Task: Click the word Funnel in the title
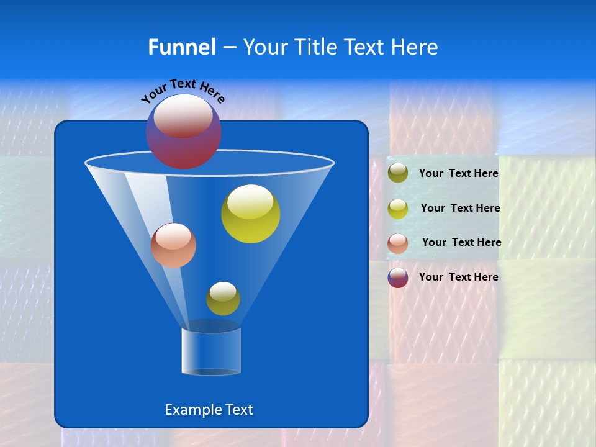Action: (181, 47)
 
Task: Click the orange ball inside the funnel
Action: (173, 246)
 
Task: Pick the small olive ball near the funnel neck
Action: (223, 299)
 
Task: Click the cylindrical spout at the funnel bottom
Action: (211, 351)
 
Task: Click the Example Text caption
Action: (209, 410)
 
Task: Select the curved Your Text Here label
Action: (183, 90)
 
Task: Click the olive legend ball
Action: (398, 173)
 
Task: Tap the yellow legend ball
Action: (398, 209)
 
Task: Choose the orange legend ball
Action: (398, 243)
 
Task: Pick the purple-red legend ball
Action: (398, 278)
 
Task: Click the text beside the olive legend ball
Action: (458, 174)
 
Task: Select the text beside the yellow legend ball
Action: (460, 209)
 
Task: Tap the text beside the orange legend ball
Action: (461, 243)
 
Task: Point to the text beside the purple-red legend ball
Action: (458, 277)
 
